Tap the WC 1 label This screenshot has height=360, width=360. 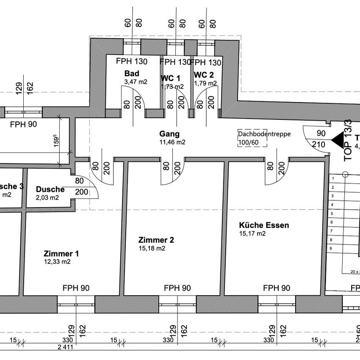(170, 78)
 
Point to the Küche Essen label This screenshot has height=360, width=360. (264, 225)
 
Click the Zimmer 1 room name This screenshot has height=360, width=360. (61, 254)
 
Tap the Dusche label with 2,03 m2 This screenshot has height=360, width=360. (50, 189)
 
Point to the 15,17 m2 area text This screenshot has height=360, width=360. (252, 233)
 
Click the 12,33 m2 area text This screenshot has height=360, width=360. (57, 262)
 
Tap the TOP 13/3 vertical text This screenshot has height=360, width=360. (348, 139)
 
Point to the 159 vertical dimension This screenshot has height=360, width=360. (66, 139)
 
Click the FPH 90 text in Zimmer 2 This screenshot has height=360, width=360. (177, 288)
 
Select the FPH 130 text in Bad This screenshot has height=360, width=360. (132, 62)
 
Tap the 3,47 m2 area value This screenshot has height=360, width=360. (136, 82)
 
